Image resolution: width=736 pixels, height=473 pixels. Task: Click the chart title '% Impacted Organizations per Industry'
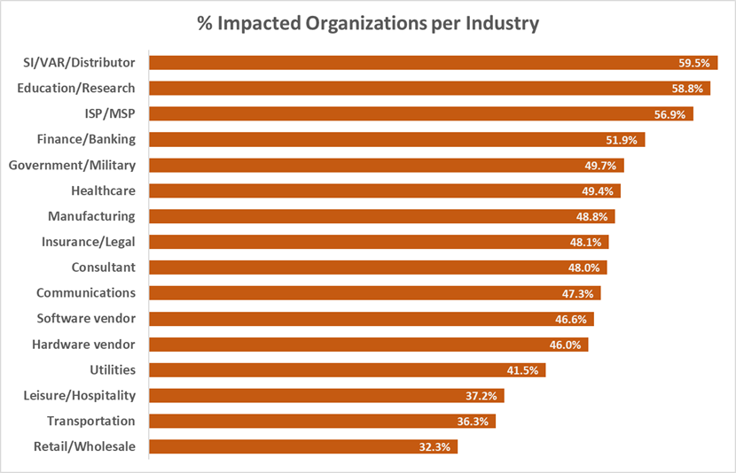[367, 24]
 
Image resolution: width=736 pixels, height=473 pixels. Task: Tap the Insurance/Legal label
[89, 242]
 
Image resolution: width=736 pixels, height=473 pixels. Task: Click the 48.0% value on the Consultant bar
[587, 268]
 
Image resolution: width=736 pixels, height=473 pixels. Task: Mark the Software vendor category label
[86, 319]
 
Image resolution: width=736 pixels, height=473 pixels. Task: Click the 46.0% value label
[568, 345]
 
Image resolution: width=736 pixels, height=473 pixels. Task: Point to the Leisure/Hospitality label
[80, 395]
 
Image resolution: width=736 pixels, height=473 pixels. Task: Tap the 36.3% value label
[475, 422]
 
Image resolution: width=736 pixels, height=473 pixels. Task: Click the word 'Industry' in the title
[501, 24]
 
